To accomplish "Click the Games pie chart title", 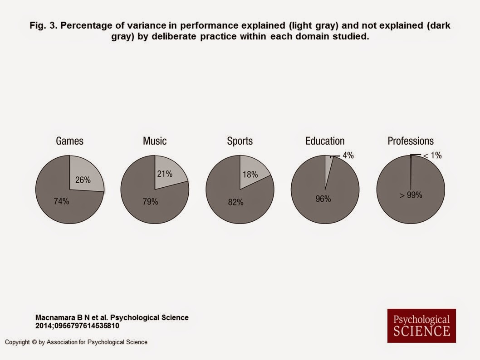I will point(69,141).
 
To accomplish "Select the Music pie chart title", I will point(155,141).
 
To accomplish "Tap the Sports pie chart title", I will point(240,141).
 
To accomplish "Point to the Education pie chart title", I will point(325,141).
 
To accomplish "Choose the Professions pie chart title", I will point(411,141).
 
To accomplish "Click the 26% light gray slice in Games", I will point(86,175).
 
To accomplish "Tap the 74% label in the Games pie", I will point(61,201).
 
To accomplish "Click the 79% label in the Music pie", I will point(150,202).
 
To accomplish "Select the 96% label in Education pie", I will point(323,199).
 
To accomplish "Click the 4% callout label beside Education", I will point(348,156).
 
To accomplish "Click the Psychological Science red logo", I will point(421,326).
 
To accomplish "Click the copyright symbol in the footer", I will point(34,342).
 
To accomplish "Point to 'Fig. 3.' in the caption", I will point(43,25).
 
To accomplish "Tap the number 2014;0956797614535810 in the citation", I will point(78,326).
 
